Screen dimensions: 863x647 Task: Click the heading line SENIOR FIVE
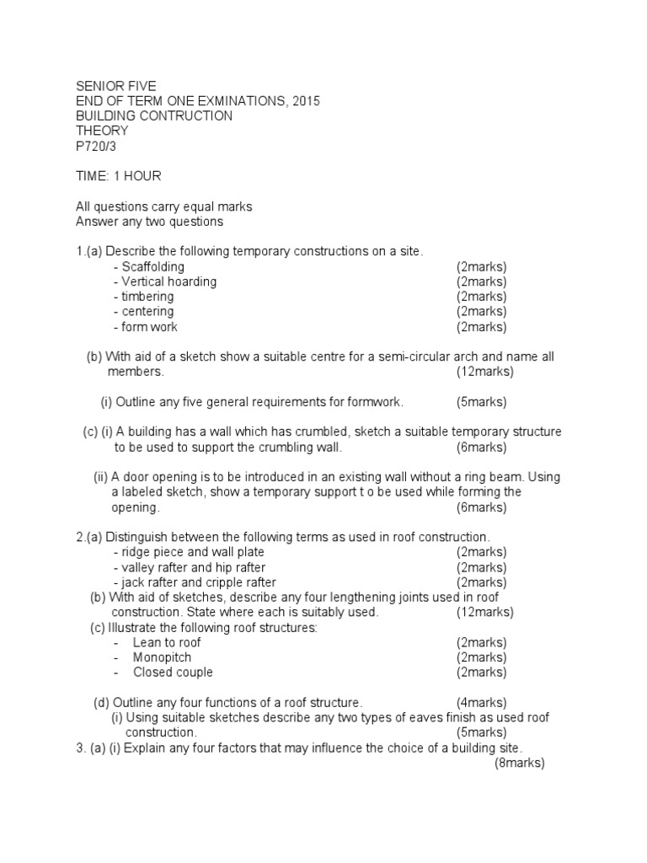tap(115, 86)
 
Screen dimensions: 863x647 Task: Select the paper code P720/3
tap(99, 146)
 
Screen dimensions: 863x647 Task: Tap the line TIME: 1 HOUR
tap(118, 176)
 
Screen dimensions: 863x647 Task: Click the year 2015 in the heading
tap(304, 101)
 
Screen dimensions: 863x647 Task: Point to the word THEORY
tap(102, 131)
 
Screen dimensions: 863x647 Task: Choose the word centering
tap(147, 312)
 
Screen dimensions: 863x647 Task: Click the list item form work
tap(149, 327)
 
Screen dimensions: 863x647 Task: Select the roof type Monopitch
tap(162, 657)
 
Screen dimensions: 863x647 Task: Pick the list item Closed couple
tap(173, 673)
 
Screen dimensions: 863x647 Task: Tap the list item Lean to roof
tap(167, 642)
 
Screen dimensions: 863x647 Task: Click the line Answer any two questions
tap(149, 222)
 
